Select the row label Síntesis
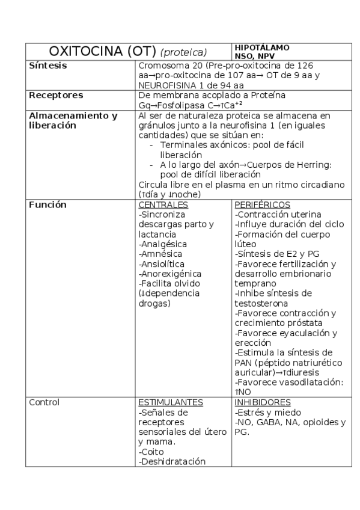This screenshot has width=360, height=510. (48, 65)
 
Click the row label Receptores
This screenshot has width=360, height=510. (56, 95)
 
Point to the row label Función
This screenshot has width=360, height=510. (47, 204)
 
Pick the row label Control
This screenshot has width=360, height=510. (43, 402)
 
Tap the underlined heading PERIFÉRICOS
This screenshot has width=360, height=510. (262, 204)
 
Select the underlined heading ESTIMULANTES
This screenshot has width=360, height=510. (170, 402)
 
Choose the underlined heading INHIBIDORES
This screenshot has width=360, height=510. (263, 402)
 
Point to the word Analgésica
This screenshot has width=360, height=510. (163, 244)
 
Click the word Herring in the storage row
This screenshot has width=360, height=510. (291, 165)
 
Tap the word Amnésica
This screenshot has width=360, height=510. (162, 254)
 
